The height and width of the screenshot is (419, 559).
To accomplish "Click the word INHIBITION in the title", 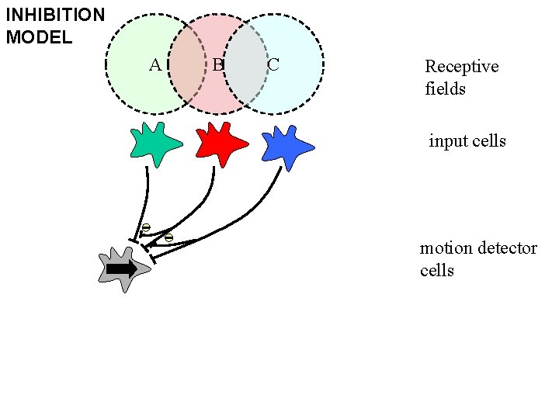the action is click(x=55, y=15).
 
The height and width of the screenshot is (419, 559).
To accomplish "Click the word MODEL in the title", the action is click(x=39, y=36).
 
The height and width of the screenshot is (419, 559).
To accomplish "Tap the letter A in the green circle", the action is click(x=155, y=64).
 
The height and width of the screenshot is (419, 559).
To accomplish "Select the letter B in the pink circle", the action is click(x=218, y=64).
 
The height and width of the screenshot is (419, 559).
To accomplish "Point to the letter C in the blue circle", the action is click(x=273, y=64).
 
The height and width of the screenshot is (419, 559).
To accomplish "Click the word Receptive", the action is click(x=461, y=67).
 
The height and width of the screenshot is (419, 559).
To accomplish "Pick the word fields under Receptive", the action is click(x=445, y=88).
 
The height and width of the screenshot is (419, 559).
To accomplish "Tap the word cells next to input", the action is click(x=489, y=141).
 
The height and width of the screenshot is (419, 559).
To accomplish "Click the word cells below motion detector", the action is click(x=436, y=270).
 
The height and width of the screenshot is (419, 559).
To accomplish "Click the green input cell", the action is click(x=155, y=144).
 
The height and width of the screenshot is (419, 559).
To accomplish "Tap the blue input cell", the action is click(x=286, y=145).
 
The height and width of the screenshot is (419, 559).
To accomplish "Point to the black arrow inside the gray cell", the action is click(x=121, y=268).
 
